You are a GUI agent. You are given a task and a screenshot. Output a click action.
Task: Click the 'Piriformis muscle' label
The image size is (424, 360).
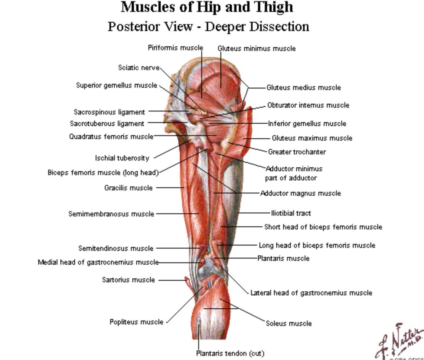[175, 48]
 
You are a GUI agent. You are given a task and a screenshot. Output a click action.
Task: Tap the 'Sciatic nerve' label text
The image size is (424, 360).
[139, 68]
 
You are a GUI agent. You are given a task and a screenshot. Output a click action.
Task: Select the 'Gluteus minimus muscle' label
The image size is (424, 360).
[256, 49]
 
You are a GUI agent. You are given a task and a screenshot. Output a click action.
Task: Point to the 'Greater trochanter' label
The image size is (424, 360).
[297, 152]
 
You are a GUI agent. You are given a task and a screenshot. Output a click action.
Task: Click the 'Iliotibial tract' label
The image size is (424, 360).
[291, 213]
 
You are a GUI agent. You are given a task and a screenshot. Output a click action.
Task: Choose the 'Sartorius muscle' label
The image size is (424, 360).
[128, 280]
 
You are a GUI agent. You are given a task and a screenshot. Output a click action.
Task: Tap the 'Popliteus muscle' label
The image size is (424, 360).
[136, 322]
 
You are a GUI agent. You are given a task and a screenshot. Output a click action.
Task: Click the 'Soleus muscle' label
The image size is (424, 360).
[289, 324]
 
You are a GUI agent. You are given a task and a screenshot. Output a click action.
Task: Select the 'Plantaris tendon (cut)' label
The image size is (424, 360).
[230, 353]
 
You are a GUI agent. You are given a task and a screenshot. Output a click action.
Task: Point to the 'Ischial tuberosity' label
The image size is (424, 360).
[122, 158]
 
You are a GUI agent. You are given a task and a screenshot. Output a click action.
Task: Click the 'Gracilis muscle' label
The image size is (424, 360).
[128, 188]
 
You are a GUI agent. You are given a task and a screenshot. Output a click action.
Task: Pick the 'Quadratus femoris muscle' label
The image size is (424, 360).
[111, 137]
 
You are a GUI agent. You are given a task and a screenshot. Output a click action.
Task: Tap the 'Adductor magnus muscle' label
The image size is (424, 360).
[300, 193]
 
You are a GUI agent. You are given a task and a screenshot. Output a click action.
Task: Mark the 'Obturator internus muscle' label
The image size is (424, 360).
[308, 105]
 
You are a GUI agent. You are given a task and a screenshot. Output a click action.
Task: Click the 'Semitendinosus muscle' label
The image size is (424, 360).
[116, 249]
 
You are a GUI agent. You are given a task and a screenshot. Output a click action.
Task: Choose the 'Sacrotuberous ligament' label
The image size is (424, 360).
[107, 124]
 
